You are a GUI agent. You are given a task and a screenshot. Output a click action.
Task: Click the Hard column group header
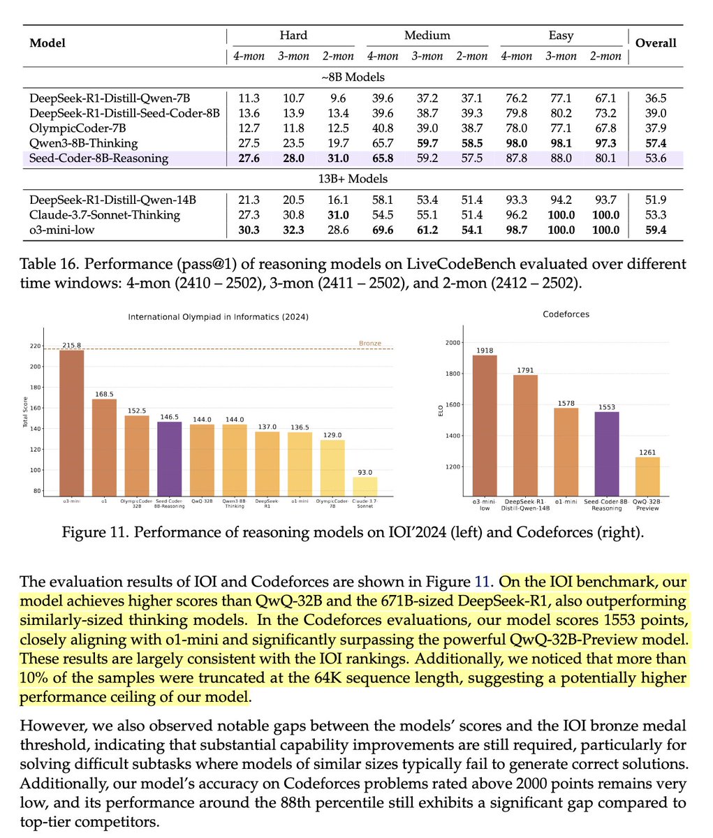point(293,35)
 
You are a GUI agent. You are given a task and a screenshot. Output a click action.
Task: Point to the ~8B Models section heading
point(356,77)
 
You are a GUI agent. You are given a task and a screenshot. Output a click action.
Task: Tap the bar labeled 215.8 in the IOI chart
point(71,422)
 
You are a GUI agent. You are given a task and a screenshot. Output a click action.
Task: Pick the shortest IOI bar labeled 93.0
point(365,486)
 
